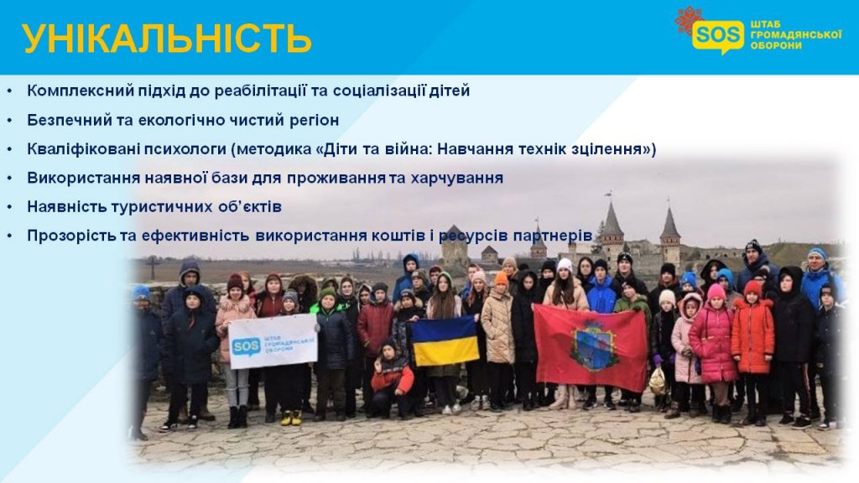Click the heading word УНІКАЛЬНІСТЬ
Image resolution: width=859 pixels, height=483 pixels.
coord(167,39)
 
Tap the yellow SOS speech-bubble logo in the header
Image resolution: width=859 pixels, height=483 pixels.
coord(718,36)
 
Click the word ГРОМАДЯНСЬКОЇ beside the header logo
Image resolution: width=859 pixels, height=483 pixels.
coord(796,35)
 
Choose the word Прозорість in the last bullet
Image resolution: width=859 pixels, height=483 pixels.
coord(72,236)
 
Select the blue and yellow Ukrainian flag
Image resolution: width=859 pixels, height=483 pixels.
coord(445,340)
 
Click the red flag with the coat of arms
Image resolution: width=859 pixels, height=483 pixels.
coord(591,348)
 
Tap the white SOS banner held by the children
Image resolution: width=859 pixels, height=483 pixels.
coord(273,341)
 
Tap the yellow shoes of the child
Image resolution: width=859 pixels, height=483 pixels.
coord(291,418)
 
